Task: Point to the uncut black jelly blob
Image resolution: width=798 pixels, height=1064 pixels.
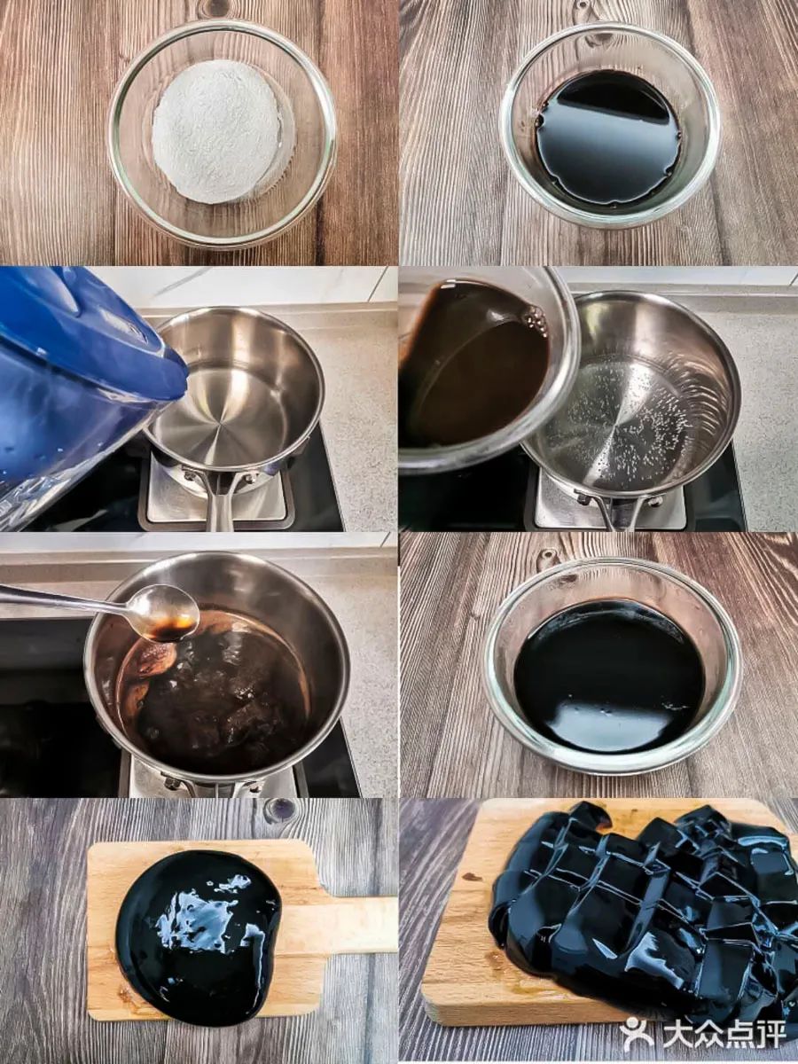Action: click(198, 927)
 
